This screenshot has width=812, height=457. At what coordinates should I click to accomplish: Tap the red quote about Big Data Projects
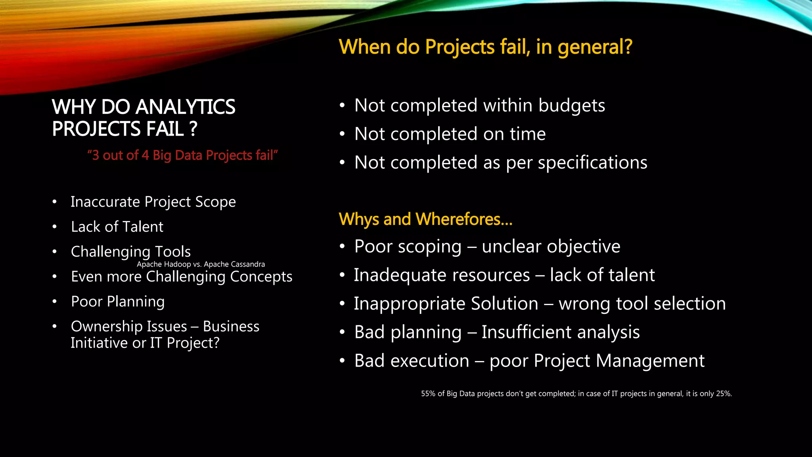coord(182,155)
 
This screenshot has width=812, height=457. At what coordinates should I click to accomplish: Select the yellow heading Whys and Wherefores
coord(425,219)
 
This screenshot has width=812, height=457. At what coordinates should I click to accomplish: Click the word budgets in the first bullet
coord(572,106)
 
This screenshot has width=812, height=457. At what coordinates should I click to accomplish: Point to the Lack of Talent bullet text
coord(117,227)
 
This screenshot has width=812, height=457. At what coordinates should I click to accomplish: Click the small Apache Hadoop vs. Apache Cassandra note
coord(201,264)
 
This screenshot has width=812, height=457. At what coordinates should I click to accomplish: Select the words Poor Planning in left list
coord(118,302)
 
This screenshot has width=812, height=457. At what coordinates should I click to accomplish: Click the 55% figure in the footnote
coord(428,394)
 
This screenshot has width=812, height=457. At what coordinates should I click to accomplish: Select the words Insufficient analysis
coord(561,332)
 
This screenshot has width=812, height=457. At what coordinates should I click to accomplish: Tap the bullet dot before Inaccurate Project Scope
coord(55,202)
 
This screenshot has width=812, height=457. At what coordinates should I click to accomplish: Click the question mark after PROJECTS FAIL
coord(193,129)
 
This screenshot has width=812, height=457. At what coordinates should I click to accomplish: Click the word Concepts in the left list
coord(261,277)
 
